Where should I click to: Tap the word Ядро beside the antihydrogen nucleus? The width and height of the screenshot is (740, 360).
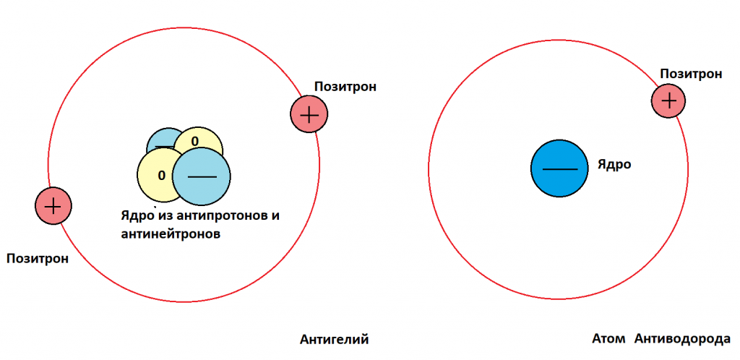click(614, 165)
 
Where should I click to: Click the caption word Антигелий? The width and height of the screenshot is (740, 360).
click(334, 339)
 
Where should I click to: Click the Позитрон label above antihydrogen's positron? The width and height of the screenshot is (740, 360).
click(691, 74)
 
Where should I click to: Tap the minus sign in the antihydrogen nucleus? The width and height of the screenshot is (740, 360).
click(559, 169)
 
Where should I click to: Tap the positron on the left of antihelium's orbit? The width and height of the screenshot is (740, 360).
click(53, 206)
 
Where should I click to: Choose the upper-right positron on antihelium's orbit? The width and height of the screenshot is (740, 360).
click(309, 114)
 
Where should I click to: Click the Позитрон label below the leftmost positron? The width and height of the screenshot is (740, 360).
click(38, 258)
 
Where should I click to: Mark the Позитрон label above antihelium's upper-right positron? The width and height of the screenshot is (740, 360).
click(345, 87)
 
